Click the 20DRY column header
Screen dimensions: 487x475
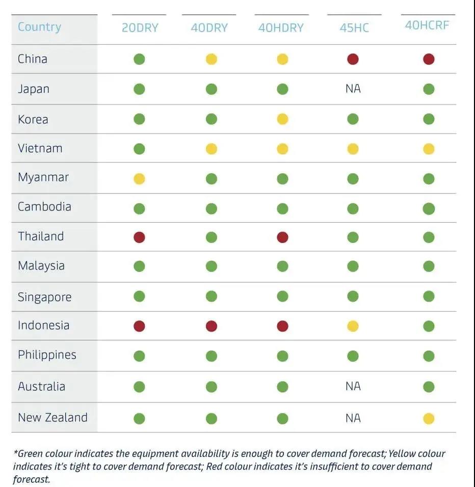point(140,28)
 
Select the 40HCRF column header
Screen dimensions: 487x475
point(427,25)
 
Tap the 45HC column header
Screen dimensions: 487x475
point(354,28)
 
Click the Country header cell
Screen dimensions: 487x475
point(39,27)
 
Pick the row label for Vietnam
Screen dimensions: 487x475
point(40,148)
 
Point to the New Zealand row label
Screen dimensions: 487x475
point(52,417)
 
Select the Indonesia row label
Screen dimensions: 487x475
point(43,325)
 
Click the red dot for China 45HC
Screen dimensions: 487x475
point(353,59)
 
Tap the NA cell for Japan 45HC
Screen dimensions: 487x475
point(353,89)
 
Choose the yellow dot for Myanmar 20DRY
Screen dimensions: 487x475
point(139,178)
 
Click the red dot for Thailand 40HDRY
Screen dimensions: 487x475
point(282,237)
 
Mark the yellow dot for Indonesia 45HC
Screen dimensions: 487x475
point(353,326)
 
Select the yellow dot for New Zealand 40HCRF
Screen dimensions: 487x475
point(429,418)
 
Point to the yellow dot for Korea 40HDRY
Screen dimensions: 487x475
point(282,119)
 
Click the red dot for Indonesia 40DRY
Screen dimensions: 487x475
point(211,326)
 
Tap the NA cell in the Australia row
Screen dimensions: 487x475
point(353,386)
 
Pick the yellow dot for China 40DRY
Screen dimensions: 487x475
point(211,59)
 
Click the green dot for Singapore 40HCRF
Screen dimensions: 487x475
point(429,296)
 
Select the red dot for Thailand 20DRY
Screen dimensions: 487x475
point(139,237)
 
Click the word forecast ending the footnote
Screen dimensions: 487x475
point(32,479)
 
